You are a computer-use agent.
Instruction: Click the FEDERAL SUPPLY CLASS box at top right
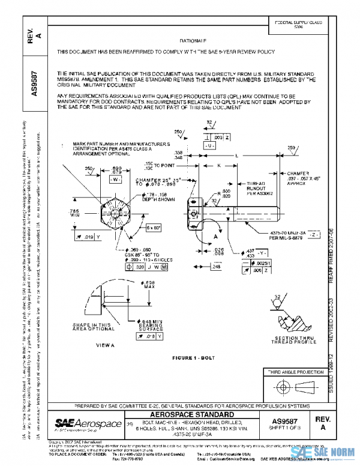[x=298, y=24]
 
